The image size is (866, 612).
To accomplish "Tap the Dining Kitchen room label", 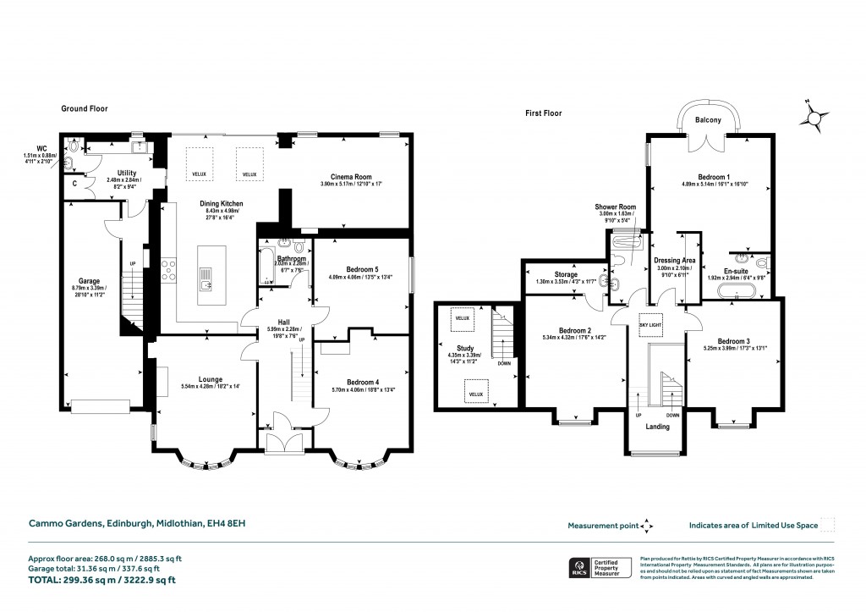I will [x=222, y=204].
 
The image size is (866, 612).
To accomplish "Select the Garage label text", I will [x=90, y=280].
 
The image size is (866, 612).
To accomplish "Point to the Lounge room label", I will [x=206, y=378].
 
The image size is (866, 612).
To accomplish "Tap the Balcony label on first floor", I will [x=708, y=120].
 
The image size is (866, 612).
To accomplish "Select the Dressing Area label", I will [x=674, y=261].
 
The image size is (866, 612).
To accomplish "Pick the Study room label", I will [x=465, y=347].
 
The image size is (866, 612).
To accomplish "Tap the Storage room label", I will [x=566, y=274].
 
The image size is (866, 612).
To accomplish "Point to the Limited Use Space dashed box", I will [x=829, y=525].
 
